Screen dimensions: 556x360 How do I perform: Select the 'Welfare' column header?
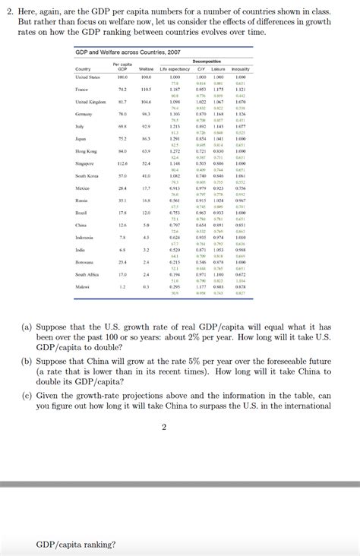pyautogui.click(x=147, y=69)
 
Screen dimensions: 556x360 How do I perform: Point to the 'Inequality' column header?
pyautogui.click(x=241, y=69)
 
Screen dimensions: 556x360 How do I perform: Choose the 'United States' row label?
pyautogui.click(x=88, y=77)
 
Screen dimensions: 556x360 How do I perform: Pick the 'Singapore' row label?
pyautogui.click(x=85, y=163)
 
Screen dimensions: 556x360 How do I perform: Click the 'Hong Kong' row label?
pyautogui.click(x=86, y=151)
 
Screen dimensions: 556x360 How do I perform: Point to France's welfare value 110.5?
pyautogui.click(x=147, y=90)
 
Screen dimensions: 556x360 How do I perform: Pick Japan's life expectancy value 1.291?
pyautogui.click(x=175, y=139)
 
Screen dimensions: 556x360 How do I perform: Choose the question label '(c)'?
pyautogui.click(x=27, y=396)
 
